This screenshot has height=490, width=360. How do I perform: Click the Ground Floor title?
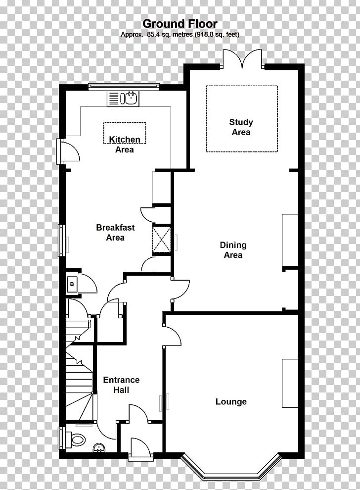180,24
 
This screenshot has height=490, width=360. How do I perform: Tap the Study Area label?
241,127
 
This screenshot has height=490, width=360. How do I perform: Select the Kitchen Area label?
125,145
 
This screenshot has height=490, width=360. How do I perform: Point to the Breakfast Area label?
115,233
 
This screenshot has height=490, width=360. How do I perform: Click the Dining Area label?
233,250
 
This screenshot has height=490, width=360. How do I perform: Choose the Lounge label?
231,401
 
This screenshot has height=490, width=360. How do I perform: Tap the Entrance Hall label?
121,385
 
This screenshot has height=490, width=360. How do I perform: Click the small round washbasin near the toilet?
99,448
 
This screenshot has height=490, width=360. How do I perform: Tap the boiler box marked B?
72,285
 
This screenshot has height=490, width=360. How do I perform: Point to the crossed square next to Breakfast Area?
161,240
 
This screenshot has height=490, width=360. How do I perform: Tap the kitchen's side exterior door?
67,151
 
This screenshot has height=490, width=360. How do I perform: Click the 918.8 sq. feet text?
217,35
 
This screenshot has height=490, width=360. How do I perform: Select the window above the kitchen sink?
124,87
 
